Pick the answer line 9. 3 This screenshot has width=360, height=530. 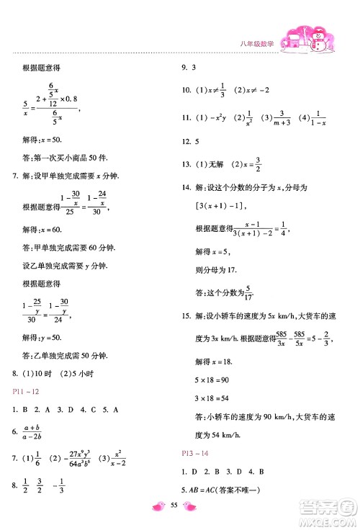click(x=193, y=68)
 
